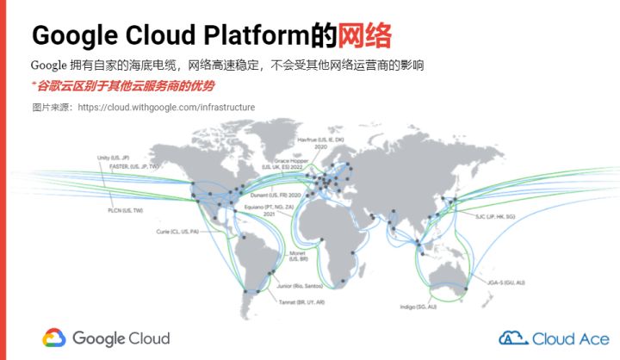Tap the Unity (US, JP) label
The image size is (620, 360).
point(113,158)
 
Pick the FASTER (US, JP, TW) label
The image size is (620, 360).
point(121,169)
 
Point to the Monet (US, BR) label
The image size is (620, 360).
point(299,256)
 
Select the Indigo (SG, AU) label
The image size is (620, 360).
point(418,307)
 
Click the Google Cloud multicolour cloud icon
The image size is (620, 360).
point(53,338)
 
